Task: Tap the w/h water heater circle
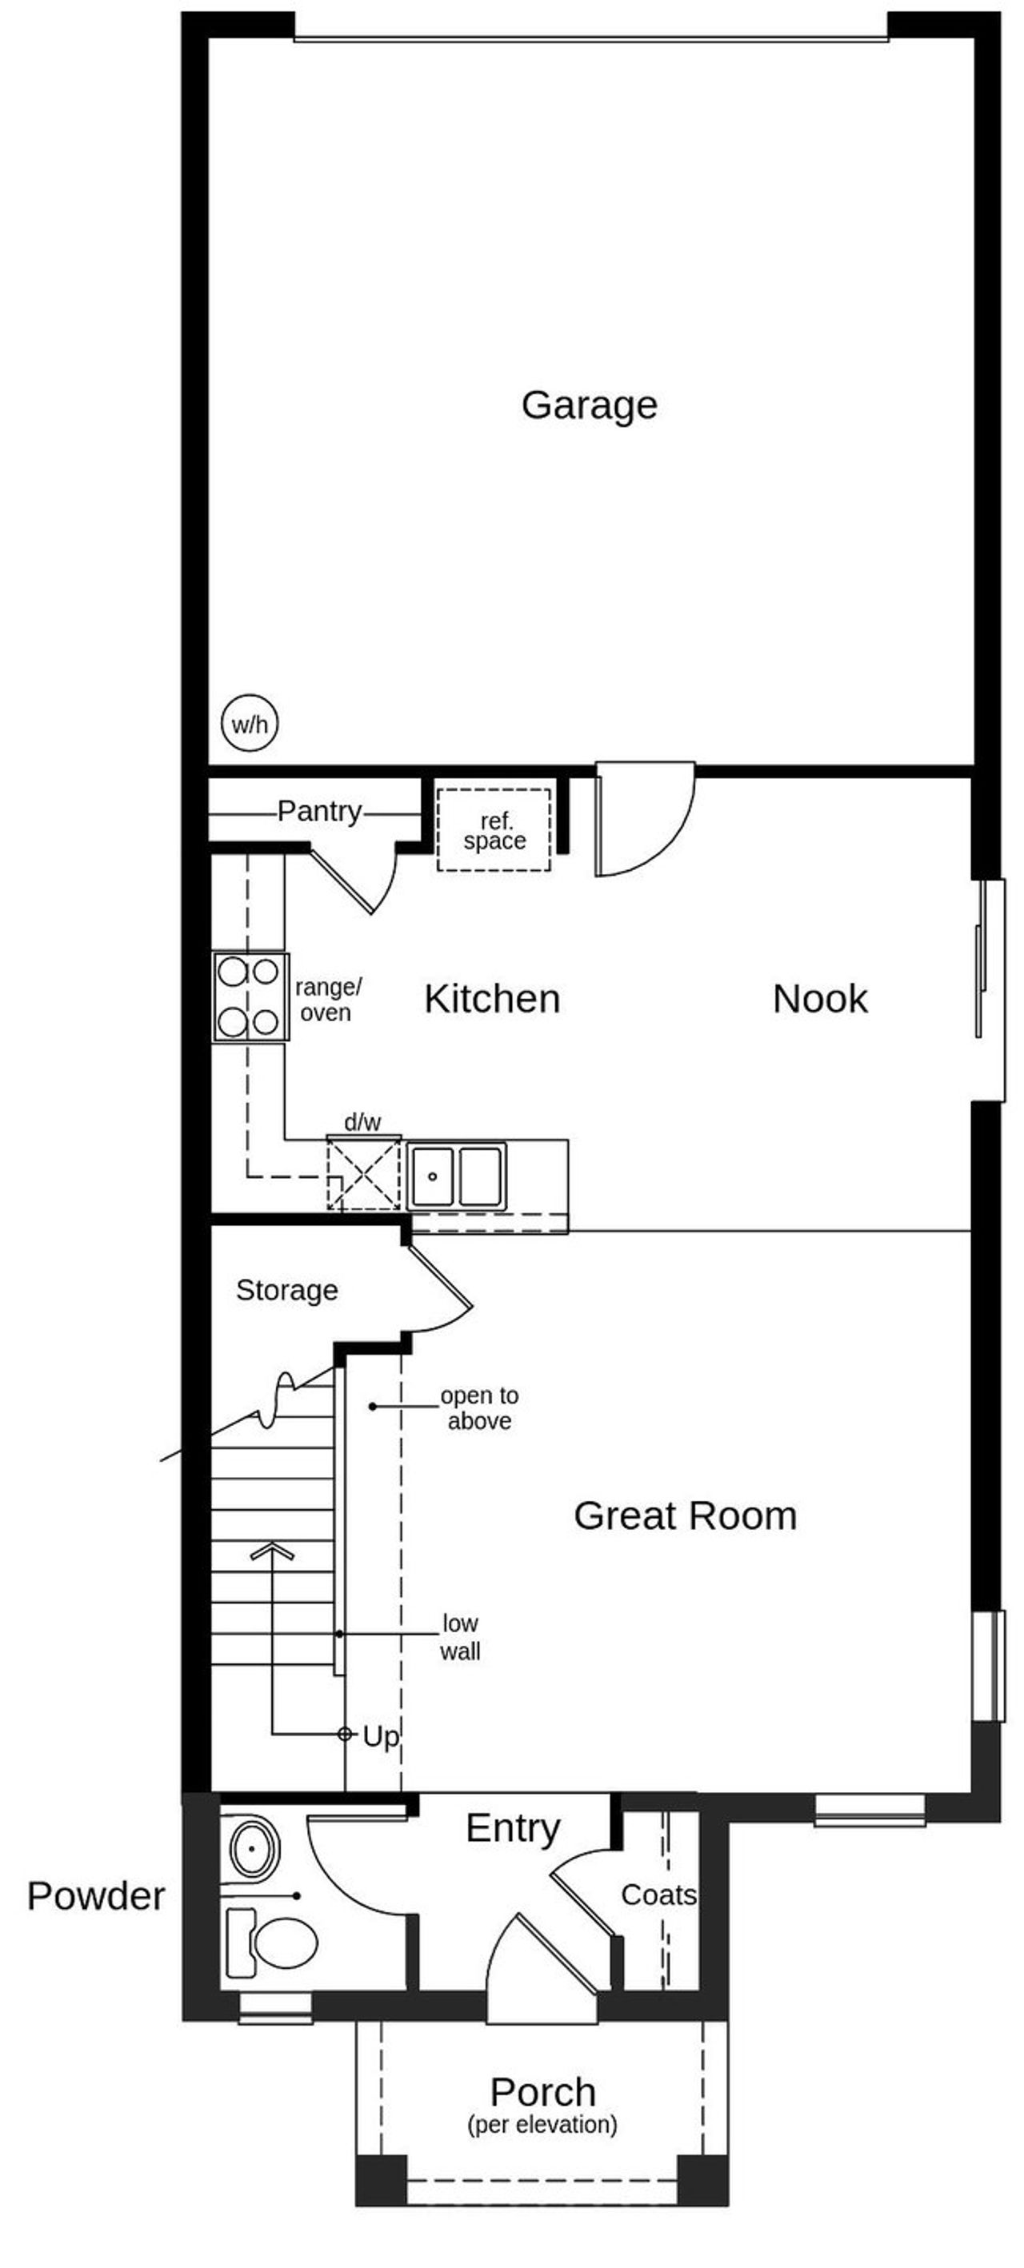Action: coord(249,725)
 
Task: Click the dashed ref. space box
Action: coord(494,830)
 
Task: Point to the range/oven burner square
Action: coord(250,996)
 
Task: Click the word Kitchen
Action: coord(491,1000)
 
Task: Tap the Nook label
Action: coord(819,1000)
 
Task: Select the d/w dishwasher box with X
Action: coord(364,1174)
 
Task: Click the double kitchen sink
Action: coord(455,1176)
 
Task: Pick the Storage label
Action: coord(287,1291)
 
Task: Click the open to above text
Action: coord(479,1408)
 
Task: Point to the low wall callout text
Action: coord(460,1637)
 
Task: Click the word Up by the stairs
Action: coord(380,1737)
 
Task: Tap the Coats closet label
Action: coord(658,1895)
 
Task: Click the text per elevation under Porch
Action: coord(542,2125)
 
